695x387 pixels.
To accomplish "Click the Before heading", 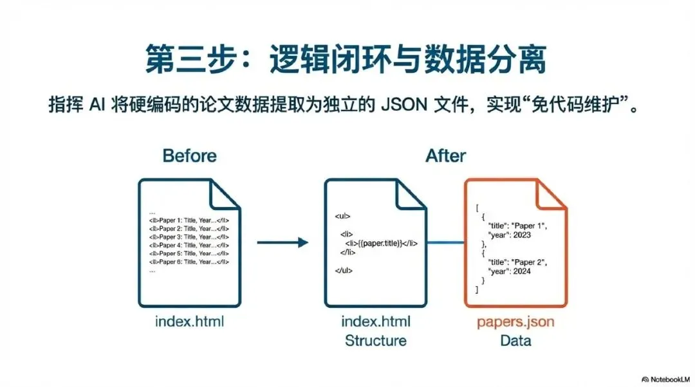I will coord(189,156).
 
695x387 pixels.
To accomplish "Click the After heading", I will coord(445,156).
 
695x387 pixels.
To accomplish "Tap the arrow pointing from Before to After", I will coord(283,243).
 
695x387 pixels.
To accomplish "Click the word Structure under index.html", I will coord(375,340).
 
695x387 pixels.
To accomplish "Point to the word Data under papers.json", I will coord(515,340).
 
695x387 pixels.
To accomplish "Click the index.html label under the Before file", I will coord(189,321).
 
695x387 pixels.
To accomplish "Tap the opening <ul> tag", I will coord(342,217).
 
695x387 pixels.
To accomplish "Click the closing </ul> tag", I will coord(344,270).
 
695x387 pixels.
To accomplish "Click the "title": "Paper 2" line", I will coord(515,262).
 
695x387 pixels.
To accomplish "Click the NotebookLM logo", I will coord(665,379).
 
